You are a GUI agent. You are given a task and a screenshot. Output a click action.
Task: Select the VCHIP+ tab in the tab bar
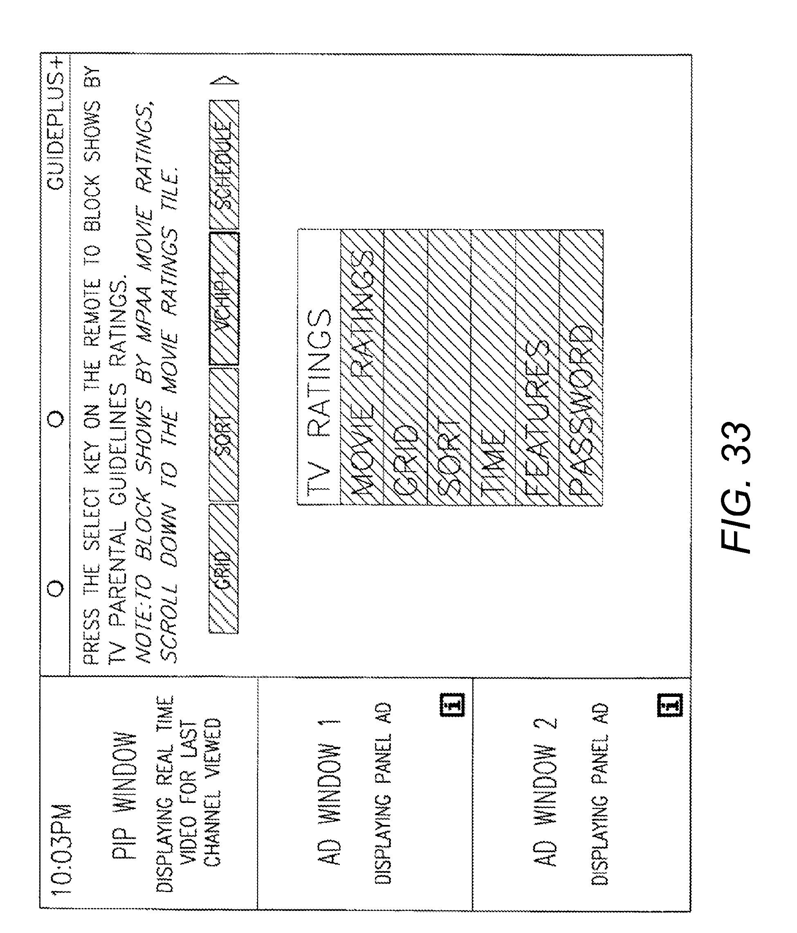point(224,299)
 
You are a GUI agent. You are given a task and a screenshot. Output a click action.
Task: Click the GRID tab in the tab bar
point(224,568)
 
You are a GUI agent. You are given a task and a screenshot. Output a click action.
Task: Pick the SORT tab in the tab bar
point(224,435)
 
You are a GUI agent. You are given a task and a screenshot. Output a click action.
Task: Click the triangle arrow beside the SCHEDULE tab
point(224,81)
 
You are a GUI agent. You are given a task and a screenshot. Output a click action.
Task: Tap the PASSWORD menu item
point(581,410)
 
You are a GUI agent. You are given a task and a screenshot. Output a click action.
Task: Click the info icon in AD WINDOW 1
point(452,704)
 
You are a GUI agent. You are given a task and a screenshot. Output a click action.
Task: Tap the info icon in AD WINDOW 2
point(670,704)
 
